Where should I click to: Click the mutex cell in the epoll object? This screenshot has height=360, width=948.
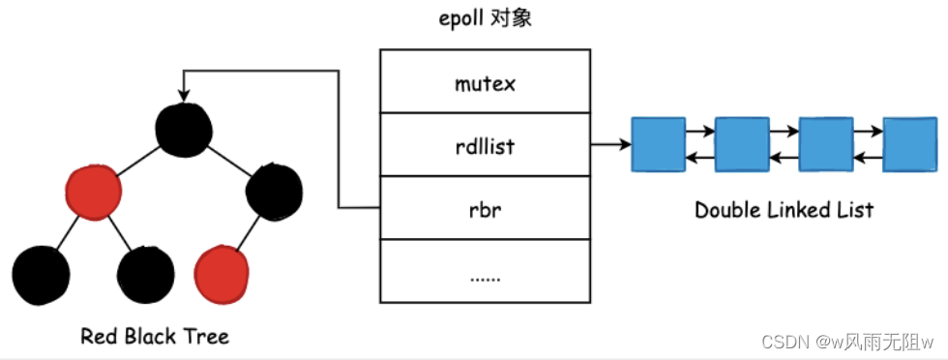[x=485, y=84]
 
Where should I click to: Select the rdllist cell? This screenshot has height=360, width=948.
[x=485, y=145]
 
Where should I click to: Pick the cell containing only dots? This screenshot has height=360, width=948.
[x=485, y=272]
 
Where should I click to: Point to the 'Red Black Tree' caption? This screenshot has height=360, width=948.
[x=155, y=337]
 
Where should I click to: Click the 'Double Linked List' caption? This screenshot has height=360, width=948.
[x=784, y=210]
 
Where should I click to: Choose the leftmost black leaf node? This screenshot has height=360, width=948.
[x=42, y=273]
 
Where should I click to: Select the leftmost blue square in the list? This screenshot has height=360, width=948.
[x=657, y=145]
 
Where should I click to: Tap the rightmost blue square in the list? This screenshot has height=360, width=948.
[x=909, y=145]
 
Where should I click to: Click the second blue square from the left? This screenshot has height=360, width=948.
[x=741, y=145]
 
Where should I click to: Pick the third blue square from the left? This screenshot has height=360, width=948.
[x=825, y=145]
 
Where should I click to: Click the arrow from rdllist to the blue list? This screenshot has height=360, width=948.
[x=609, y=145]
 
